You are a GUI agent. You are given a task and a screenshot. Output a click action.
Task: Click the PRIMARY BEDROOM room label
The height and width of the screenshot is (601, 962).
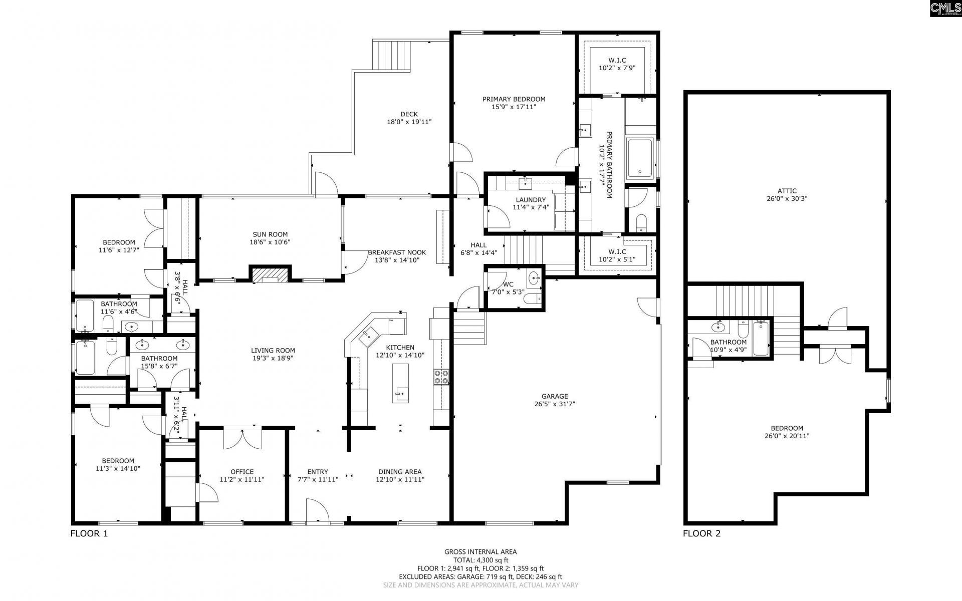pos(514,99)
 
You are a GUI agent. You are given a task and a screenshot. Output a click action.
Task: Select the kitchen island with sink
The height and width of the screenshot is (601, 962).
pos(400,383)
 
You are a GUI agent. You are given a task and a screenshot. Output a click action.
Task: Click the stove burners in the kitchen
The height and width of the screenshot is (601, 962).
pos(441,377)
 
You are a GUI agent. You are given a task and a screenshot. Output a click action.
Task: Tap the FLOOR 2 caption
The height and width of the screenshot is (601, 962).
pos(701,534)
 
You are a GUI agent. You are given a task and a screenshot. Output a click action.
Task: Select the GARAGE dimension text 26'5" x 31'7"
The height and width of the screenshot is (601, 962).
pos(554,403)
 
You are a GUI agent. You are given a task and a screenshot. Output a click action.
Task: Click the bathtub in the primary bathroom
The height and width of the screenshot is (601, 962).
pos(640,158)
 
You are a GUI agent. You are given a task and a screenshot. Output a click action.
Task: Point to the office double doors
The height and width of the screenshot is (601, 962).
pos(242,439)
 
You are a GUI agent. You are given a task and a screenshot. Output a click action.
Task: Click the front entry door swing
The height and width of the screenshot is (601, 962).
pos(317,510)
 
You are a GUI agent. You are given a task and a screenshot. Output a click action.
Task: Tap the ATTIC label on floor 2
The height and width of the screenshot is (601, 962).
pos(787,191)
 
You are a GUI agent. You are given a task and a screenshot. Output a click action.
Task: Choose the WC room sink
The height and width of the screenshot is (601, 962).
pos(535,277)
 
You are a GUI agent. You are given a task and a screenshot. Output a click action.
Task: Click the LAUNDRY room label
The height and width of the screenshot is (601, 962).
pos(531,200)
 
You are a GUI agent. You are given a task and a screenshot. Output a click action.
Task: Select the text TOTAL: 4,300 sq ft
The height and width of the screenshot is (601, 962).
pos(480,560)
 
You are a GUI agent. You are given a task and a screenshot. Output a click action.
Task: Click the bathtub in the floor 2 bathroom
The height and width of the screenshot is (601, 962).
pos(761,338)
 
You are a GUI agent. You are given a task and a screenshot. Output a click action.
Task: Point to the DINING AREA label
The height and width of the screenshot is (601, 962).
pos(400,472)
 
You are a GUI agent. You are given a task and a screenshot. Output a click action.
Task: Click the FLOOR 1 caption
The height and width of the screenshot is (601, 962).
pos(89,534)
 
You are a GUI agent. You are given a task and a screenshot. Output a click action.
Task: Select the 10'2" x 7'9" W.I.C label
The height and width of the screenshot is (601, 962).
pos(617,68)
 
